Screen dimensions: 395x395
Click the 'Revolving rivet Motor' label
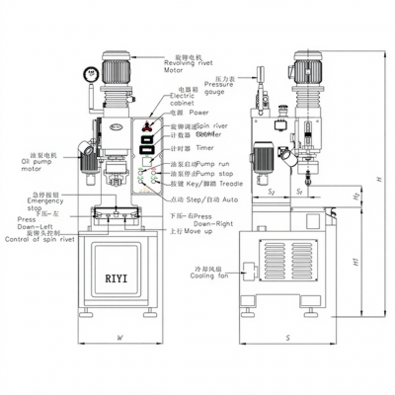189,67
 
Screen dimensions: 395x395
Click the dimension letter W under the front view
118,338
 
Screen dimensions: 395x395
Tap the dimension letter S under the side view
285,338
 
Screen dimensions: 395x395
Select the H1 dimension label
355,261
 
